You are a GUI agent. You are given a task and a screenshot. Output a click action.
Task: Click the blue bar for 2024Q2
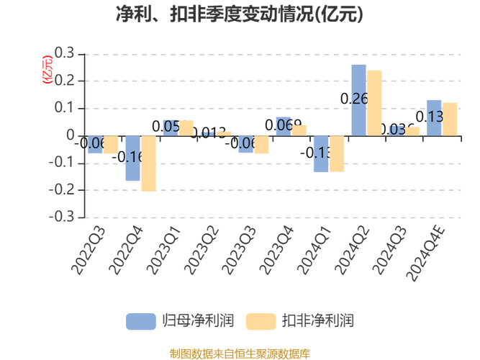358,100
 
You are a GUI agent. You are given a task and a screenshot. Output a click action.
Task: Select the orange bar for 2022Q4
148,163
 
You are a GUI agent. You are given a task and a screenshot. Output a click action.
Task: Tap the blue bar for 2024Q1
321,153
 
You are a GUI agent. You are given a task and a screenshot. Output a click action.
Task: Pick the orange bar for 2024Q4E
449,119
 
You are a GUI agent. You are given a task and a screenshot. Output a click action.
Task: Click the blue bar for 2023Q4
284,127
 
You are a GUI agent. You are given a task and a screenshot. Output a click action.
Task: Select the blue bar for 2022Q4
133,158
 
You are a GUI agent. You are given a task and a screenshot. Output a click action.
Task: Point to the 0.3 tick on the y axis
65,53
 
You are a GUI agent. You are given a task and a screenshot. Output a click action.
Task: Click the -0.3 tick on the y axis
62,217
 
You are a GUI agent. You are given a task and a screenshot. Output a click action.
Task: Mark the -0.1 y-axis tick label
62,163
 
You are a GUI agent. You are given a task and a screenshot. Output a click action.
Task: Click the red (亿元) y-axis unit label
47,70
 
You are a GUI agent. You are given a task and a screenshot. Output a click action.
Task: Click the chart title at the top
240,14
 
